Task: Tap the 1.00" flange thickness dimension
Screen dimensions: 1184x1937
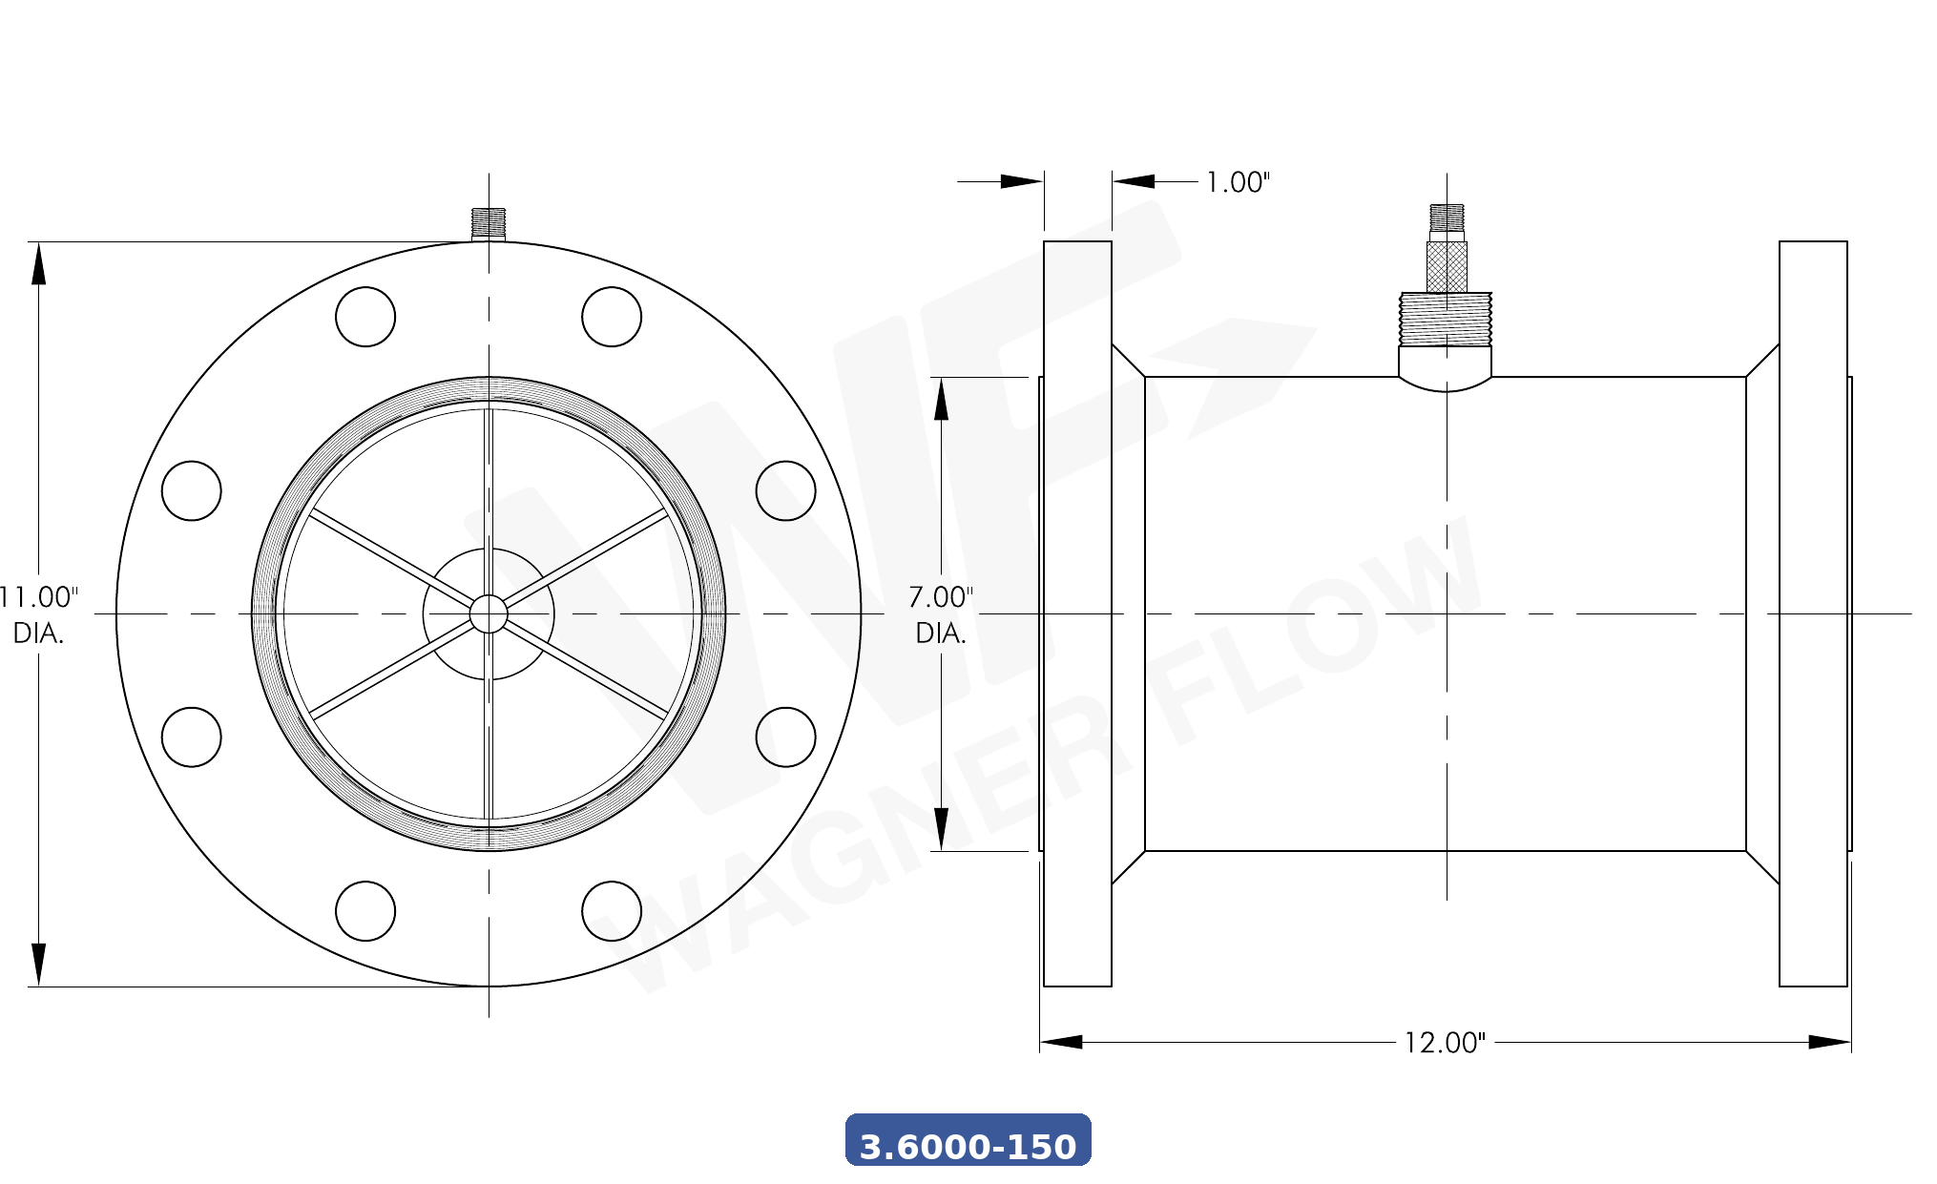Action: pyautogui.click(x=1238, y=182)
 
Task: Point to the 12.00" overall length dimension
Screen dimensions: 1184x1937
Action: pyautogui.click(x=1444, y=1042)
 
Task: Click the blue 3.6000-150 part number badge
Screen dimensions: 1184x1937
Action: pyautogui.click(x=968, y=1140)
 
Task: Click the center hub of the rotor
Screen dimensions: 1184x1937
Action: pyautogui.click(x=489, y=613)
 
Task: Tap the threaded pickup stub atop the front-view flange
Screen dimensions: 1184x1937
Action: pyautogui.click(x=489, y=223)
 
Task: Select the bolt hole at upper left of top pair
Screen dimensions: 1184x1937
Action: pyautogui.click(x=365, y=317)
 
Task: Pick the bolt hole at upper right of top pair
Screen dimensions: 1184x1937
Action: pyautogui.click(x=612, y=317)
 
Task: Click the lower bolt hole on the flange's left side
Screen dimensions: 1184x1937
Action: pyautogui.click(x=192, y=737)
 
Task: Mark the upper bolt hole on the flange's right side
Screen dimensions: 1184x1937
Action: pyautogui.click(x=785, y=490)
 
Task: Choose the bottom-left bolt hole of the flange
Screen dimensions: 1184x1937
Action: pyautogui.click(x=365, y=911)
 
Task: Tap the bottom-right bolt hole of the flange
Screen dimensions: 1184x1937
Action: pyautogui.click(x=612, y=911)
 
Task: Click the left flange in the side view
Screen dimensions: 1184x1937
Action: pyautogui.click(x=1077, y=613)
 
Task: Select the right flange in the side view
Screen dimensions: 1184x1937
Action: pyautogui.click(x=1813, y=613)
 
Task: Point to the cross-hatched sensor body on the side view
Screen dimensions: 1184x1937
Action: pyautogui.click(x=1447, y=266)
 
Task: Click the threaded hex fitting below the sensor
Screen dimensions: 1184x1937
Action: pyautogui.click(x=1446, y=320)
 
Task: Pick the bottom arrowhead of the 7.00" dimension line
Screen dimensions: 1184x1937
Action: pyautogui.click(x=941, y=828)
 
